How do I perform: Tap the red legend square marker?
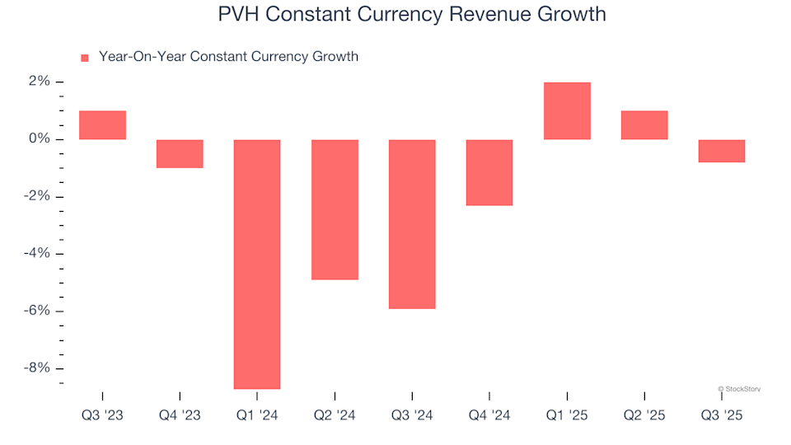tap(84, 58)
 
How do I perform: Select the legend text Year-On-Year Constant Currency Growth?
tap(228, 57)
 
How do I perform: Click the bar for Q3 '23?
tap(102, 125)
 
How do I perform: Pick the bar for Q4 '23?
tap(180, 154)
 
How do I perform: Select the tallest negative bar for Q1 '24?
tap(257, 264)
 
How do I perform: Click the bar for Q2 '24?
tap(335, 209)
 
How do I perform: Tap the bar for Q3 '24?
tap(412, 224)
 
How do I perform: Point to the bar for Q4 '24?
tap(489, 172)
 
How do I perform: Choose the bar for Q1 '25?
tap(567, 111)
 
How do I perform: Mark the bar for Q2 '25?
tap(644, 125)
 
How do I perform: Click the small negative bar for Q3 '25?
tap(722, 151)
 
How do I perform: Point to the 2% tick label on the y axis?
tap(39, 82)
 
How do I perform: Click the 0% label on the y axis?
tap(39, 139)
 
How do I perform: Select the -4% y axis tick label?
tap(36, 254)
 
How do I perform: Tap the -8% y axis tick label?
tap(36, 368)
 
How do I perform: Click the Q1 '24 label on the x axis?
tap(257, 416)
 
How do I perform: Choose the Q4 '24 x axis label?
tap(489, 416)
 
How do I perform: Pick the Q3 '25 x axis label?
tap(722, 416)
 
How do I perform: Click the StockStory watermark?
tap(739, 388)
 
